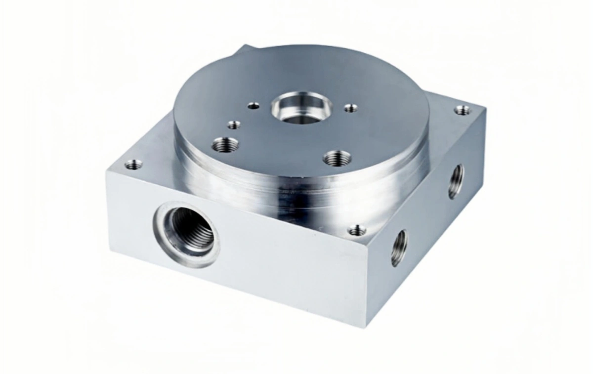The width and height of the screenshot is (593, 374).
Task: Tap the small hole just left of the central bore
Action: click(x=254, y=105)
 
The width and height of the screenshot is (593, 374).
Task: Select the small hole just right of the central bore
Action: click(x=350, y=108)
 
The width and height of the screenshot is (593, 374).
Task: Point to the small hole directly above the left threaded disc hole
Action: click(x=234, y=125)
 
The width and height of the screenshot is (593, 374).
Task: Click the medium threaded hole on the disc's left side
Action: click(x=225, y=145)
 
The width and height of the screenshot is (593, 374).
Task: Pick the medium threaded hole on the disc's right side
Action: click(x=338, y=159)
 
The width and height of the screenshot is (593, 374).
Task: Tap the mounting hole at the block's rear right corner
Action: click(x=463, y=110)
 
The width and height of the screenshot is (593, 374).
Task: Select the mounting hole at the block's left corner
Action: click(x=133, y=165)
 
